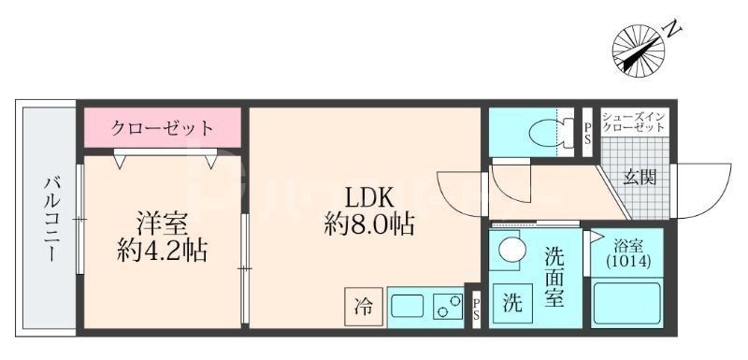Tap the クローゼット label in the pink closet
coord(163,127)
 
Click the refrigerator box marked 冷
coord(363,305)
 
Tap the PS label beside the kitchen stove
coord(476,308)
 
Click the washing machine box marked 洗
coord(513,304)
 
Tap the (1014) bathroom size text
coord(627,263)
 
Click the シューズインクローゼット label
coord(634,121)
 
